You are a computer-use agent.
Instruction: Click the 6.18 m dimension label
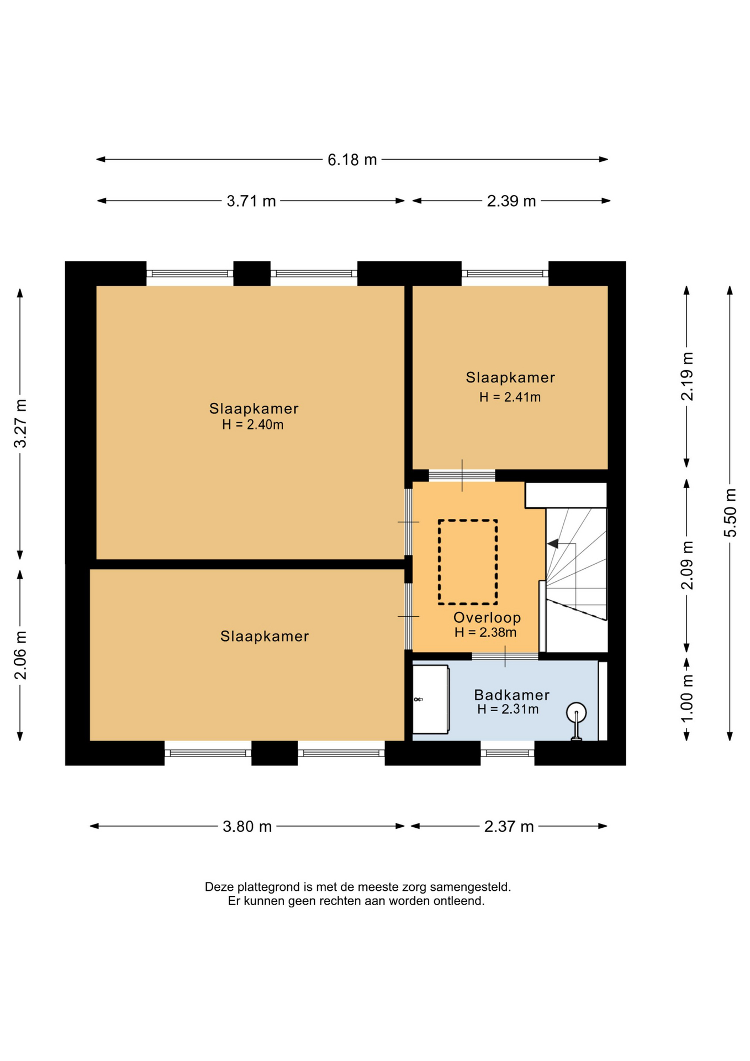(x=352, y=160)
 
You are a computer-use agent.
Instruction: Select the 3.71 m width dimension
(x=251, y=201)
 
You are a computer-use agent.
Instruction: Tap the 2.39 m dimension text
(x=511, y=201)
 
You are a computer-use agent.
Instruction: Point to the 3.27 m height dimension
(x=20, y=423)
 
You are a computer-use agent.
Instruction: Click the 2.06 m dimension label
(x=20, y=655)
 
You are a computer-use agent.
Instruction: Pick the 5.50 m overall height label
(x=730, y=513)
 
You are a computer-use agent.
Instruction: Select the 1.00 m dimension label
(x=687, y=698)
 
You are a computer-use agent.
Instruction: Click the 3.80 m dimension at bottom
(x=247, y=827)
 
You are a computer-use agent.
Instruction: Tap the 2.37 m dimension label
(x=509, y=827)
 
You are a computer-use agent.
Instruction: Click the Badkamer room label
(x=511, y=695)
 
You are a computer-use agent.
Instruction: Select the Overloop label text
(x=487, y=618)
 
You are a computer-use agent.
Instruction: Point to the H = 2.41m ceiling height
(x=510, y=397)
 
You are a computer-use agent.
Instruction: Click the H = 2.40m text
(x=252, y=425)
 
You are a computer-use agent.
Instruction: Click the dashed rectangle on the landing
(x=439, y=562)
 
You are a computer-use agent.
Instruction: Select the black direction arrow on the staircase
(x=552, y=544)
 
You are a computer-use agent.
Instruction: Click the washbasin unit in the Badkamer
(x=430, y=700)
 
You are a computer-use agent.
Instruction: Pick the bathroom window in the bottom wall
(x=507, y=753)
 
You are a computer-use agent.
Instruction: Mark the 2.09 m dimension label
(x=687, y=565)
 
